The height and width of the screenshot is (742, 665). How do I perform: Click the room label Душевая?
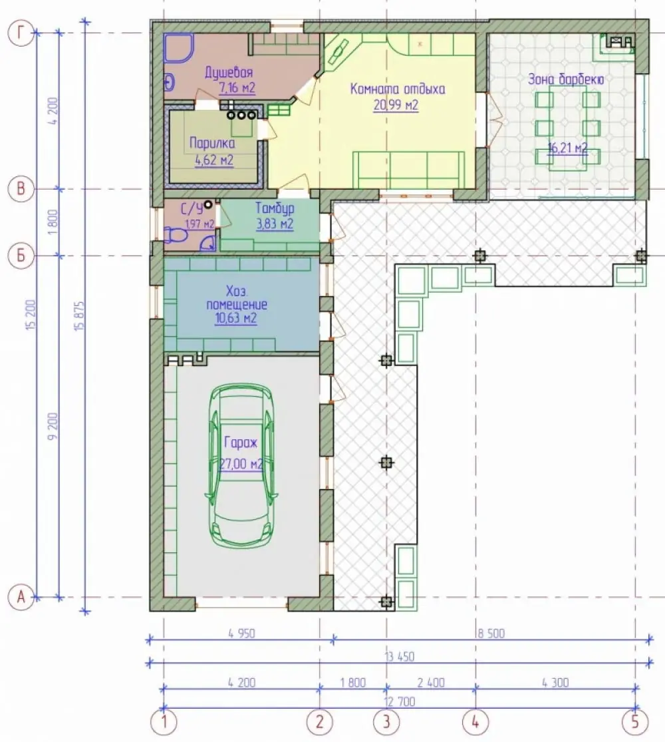point(229,73)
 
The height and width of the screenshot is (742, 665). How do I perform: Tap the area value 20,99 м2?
point(396,105)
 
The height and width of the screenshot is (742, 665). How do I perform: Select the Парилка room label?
point(212,143)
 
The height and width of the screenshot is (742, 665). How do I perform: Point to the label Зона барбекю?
point(566,79)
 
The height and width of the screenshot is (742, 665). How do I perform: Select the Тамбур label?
point(275,208)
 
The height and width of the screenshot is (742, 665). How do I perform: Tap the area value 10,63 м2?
point(236,319)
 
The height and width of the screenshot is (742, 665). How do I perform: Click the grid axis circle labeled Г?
point(21,33)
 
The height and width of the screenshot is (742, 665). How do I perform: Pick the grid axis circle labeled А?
point(21,597)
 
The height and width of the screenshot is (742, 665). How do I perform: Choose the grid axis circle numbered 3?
point(386,722)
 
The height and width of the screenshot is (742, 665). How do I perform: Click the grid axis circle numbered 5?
point(634,722)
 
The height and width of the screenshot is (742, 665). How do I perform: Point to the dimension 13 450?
point(400,657)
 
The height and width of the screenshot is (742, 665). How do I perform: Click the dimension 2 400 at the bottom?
point(431,683)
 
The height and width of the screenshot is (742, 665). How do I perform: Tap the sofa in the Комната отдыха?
point(409,170)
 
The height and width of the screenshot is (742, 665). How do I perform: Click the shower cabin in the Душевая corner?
point(179,47)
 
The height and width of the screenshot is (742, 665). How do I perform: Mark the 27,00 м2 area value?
point(241,464)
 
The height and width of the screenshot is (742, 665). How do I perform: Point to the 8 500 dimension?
point(491,633)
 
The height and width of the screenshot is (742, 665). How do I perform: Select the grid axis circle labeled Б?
point(21,256)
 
